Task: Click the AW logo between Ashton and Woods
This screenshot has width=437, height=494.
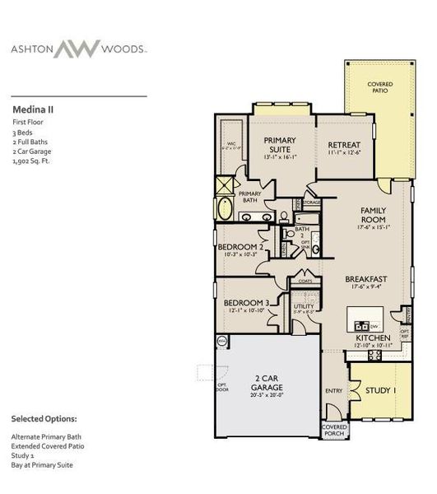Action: click(79, 49)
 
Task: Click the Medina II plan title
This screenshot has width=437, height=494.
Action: click(33, 108)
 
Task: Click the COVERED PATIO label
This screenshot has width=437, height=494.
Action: click(379, 87)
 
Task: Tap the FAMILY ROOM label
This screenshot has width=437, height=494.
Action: click(373, 215)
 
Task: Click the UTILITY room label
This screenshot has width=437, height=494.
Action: click(303, 305)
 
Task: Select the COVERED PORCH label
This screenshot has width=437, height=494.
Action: click(333, 431)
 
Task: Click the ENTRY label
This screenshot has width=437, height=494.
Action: click(333, 391)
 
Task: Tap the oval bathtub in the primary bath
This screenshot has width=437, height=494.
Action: click(226, 207)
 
